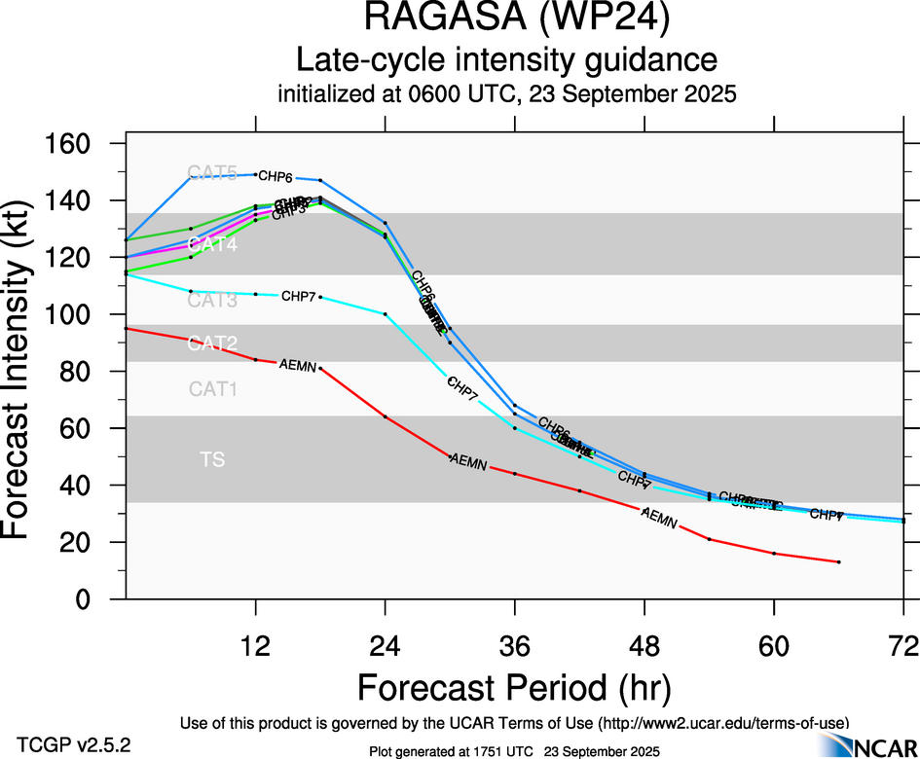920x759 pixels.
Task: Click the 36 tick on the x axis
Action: (515, 645)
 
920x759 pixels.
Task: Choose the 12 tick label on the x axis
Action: (256, 645)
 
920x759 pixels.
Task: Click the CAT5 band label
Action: (212, 173)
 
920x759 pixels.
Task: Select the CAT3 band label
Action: (212, 301)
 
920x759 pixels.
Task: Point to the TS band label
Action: (212, 459)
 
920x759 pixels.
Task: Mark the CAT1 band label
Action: (212, 389)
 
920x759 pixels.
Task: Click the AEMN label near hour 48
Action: (659, 520)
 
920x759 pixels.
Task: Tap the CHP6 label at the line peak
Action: (276, 177)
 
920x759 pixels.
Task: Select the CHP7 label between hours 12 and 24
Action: (298, 296)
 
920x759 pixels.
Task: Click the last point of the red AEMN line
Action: (838, 562)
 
